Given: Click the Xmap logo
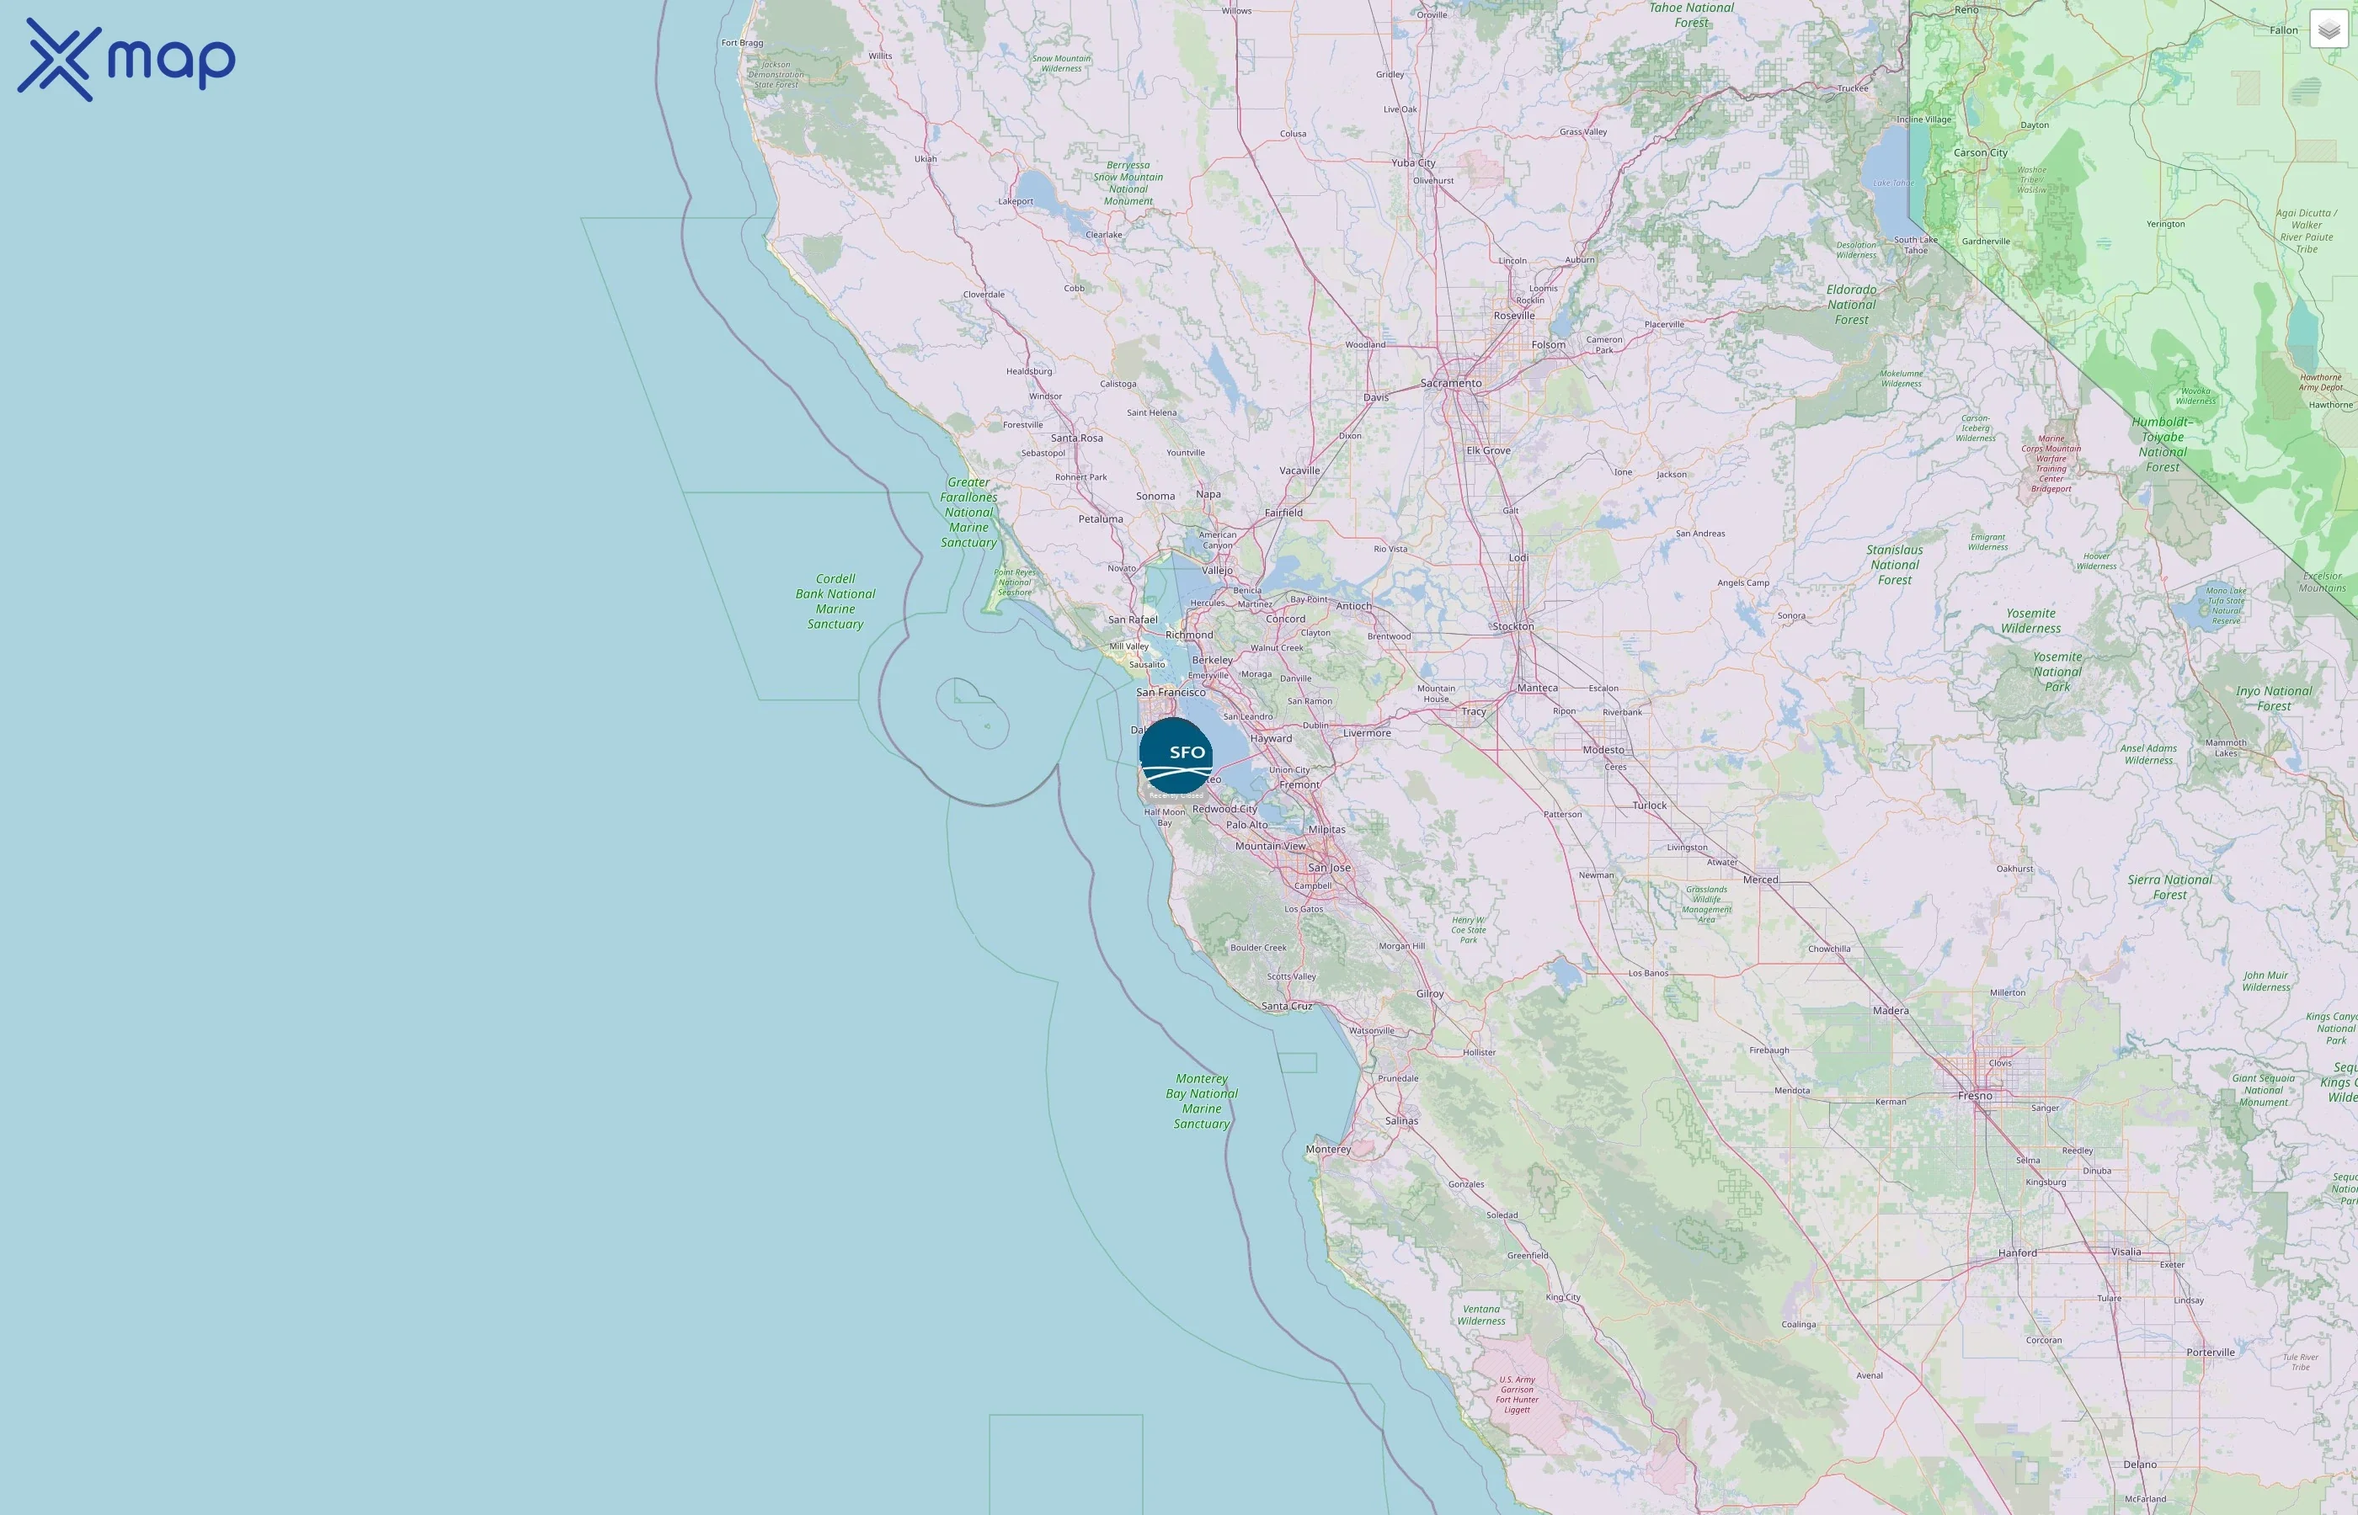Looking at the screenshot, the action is tap(126, 59).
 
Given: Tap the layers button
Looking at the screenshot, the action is tap(2328, 29).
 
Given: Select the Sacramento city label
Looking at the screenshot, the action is tap(1451, 383).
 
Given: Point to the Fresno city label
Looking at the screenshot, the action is tap(1974, 1095).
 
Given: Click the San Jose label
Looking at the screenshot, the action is tap(1329, 868).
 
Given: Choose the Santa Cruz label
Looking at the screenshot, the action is tap(1286, 1006).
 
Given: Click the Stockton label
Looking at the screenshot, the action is tap(1512, 625).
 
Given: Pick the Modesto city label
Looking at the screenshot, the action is tap(1603, 750).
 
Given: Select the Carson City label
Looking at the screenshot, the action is tap(1980, 152).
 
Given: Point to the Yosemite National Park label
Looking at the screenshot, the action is tap(2057, 672).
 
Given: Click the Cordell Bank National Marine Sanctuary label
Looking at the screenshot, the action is tap(835, 601).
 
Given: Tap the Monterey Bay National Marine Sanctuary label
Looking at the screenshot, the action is tap(1202, 1101).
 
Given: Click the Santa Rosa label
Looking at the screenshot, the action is tap(1076, 438).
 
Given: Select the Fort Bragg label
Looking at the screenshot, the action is tap(742, 42).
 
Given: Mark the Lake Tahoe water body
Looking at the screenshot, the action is tap(1887, 157).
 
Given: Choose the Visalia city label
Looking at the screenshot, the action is tap(2126, 1252).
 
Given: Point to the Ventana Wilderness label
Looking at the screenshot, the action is tap(1481, 1315).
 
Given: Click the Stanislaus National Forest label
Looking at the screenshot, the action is tap(1895, 565).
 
